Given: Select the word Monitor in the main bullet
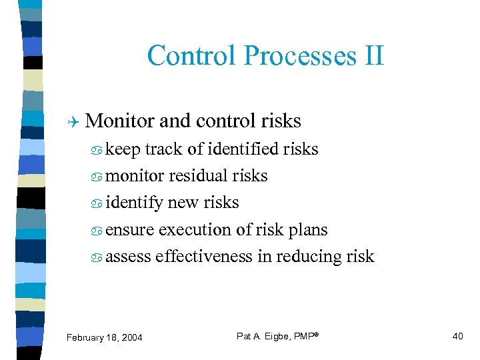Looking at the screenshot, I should tap(121, 121).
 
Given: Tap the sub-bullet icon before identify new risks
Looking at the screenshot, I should tap(98, 203).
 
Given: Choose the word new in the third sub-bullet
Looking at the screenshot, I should tap(183, 202).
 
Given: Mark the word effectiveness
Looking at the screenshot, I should tap(203, 256).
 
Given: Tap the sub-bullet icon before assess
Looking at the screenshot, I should tap(98, 257).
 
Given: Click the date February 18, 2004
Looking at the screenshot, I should tap(104, 337).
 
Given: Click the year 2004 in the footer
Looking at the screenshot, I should tap(131, 337).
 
